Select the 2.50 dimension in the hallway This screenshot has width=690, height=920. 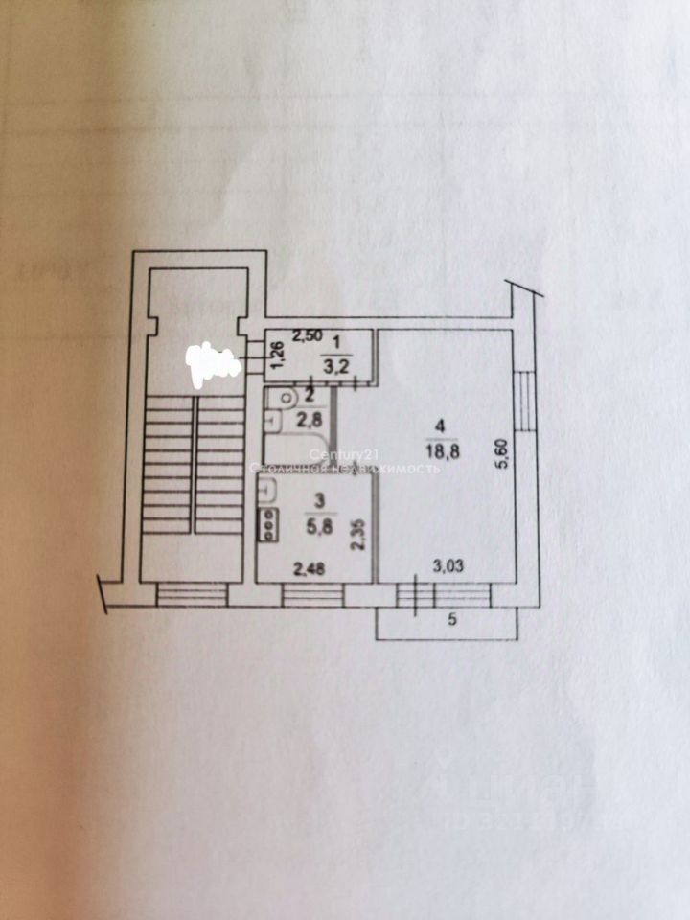tap(308, 335)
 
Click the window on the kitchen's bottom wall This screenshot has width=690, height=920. tap(312, 595)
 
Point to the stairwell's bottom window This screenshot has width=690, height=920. tap(192, 595)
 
